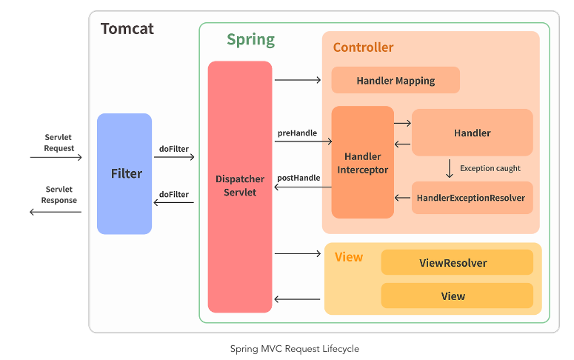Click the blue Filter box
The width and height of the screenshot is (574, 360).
click(x=124, y=173)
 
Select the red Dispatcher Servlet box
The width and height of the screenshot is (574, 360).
click(x=240, y=187)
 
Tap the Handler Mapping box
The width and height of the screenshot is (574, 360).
click(x=396, y=80)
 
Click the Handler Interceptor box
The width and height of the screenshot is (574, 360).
click(x=363, y=162)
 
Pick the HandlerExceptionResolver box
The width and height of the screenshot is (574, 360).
click(x=473, y=198)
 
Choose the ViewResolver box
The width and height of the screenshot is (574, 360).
click(x=457, y=262)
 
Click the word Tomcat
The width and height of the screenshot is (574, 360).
click(x=127, y=29)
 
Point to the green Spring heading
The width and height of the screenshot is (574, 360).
click(x=251, y=39)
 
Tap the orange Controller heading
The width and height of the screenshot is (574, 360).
click(x=363, y=47)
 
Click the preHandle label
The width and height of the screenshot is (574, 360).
click(x=297, y=133)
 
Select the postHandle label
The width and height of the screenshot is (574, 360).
click(x=298, y=178)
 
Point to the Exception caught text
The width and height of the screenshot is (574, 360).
click(x=490, y=168)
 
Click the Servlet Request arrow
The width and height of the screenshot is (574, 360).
click(x=56, y=158)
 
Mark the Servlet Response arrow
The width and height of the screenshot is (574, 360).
click(x=56, y=212)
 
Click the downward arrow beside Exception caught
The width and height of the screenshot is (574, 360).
click(x=450, y=168)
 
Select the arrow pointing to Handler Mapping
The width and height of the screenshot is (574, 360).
click(x=298, y=80)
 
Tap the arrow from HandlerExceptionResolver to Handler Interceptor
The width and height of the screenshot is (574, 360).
click(x=402, y=198)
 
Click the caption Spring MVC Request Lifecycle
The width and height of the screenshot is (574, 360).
click(x=295, y=349)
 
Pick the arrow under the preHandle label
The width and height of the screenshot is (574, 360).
click(x=304, y=141)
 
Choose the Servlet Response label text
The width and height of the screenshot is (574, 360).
click(x=59, y=195)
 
